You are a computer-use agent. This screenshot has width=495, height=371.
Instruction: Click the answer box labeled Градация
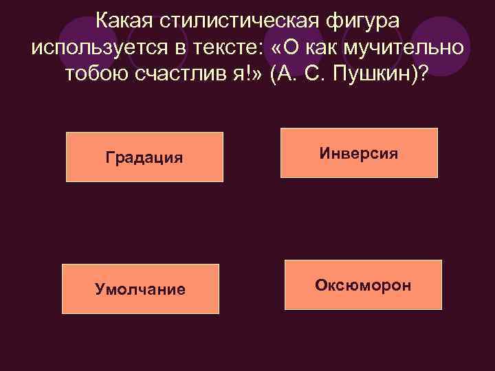[144, 157]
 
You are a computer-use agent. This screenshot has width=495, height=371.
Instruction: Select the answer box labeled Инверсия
[359, 153]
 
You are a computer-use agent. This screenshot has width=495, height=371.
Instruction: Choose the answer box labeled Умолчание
[140, 289]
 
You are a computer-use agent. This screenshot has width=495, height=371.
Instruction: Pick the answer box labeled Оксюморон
[364, 284]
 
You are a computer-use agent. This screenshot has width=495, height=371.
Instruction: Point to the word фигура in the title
[364, 21]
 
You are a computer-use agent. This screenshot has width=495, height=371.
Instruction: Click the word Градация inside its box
[144, 157]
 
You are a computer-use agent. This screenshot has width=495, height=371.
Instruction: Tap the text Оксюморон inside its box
[364, 284]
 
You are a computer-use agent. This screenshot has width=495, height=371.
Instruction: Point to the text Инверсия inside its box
[359, 153]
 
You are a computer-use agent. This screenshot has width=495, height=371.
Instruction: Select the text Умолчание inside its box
[140, 289]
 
